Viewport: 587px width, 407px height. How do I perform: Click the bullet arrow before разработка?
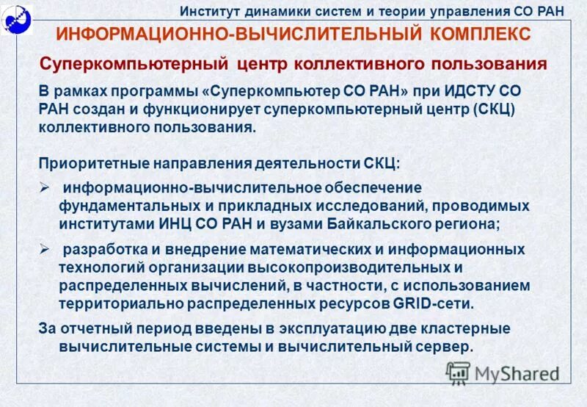(x=44, y=250)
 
